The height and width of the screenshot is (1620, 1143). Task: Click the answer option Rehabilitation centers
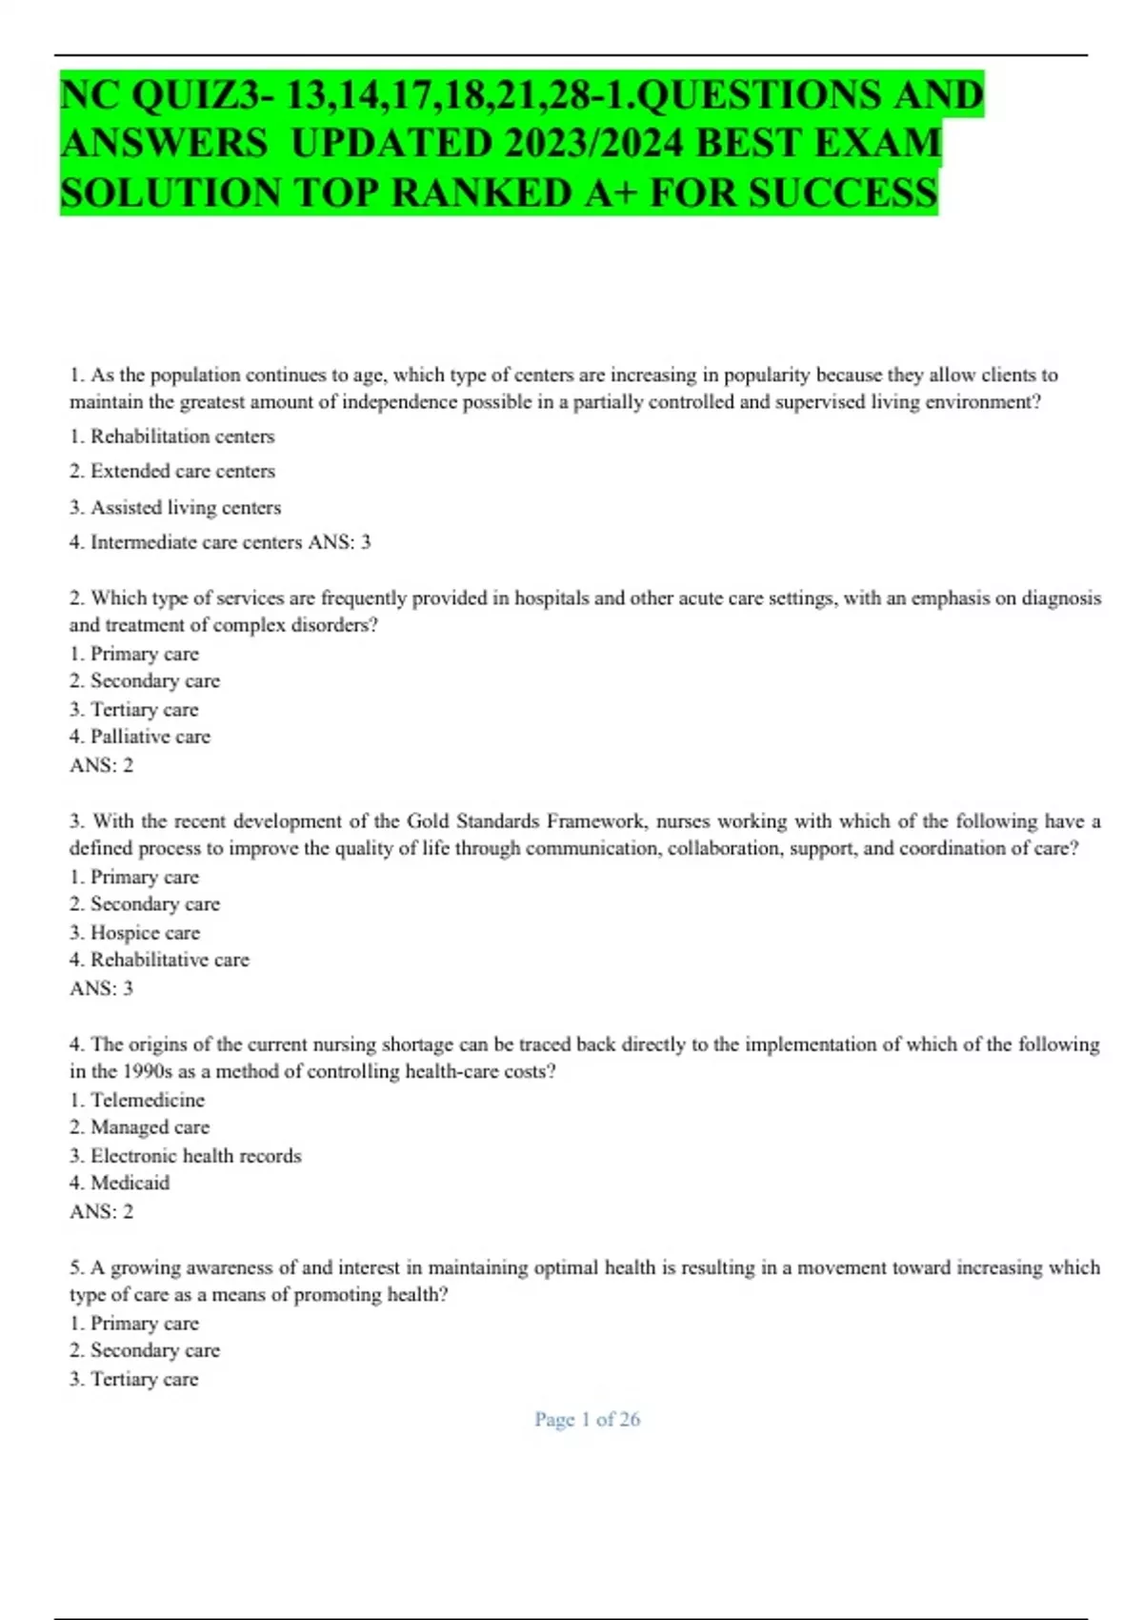coord(182,436)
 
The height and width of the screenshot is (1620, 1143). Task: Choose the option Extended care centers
coord(182,471)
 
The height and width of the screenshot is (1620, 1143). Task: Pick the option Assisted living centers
coord(186,507)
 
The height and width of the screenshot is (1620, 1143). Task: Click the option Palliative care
coord(150,737)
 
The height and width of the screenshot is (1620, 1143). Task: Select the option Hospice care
coord(145,933)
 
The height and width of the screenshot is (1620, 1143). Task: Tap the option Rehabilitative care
coord(170,960)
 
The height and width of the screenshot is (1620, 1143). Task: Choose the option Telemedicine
coord(148,1100)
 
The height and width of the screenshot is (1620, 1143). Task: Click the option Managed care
coord(150,1127)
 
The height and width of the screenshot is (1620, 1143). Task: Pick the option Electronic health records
coord(195,1156)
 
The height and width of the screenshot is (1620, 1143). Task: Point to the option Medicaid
coord(130,1183)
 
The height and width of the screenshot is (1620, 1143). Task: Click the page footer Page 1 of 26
coord(587,1419)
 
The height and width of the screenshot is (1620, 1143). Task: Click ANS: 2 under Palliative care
coord(101,765)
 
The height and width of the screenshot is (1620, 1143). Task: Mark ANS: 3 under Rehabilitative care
coord(101,988)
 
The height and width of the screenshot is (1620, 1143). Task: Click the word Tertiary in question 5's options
coord(124,1379)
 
